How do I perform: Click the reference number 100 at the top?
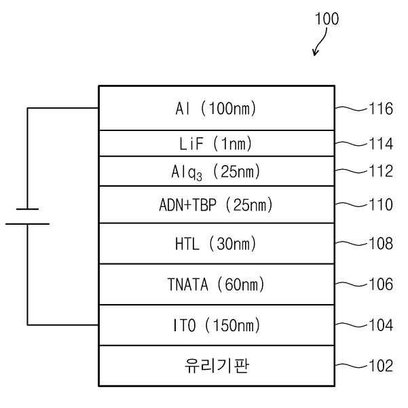pos(327,19)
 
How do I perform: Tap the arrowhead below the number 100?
pos(315,53)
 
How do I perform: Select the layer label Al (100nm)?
pos(216,108)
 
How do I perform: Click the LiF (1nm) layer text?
pos(215,143)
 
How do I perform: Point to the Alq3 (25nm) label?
pos(216,172)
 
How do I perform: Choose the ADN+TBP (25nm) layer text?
pos(216,205)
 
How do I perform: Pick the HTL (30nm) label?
pos(216,244)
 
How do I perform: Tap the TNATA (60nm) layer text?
pos(216,284)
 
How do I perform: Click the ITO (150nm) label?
pos(217,325)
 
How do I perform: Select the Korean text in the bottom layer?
pos(217,366)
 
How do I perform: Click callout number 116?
pos(381,109)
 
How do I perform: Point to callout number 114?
pos(381,144)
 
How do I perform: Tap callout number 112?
pos(381,171)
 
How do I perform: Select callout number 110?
pos(381,204)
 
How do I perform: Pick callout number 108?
pos(381,244)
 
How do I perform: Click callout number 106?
pos(381,284)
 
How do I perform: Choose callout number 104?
pos(381,325)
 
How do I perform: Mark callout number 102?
pos(381,366)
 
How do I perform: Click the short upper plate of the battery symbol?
pos(27,209)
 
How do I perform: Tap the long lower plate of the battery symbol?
pos(27,224)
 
